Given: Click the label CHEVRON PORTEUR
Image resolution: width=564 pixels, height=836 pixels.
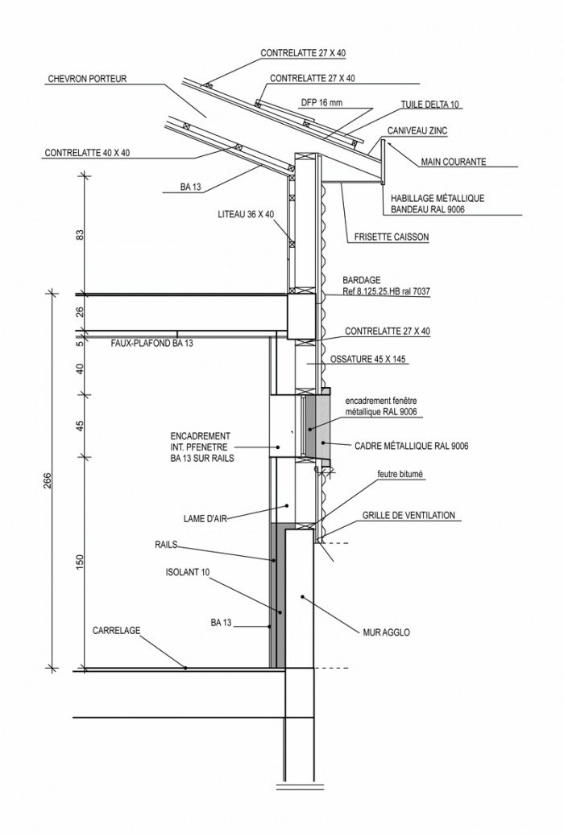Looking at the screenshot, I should tap(88, 80).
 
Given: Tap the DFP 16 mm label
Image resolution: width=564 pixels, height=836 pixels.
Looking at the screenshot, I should tap(321, 103).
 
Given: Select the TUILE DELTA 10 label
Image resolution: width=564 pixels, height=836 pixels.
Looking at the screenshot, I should tap(431, 105).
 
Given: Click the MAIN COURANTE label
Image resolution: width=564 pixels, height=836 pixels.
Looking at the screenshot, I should tap(454, 162).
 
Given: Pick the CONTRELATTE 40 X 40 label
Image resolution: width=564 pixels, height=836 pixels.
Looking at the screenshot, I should tap(87, 152).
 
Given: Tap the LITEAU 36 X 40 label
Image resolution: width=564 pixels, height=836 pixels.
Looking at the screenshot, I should tap(246, 215).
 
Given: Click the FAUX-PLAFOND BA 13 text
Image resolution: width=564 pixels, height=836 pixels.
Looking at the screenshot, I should tap(152, 343).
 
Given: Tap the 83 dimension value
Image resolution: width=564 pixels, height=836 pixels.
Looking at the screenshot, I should tap(80, 235).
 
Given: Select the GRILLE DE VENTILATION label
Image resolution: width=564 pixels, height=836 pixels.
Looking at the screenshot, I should tap(408, 515).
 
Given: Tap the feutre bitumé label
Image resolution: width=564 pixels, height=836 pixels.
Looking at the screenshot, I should tap(400, 475).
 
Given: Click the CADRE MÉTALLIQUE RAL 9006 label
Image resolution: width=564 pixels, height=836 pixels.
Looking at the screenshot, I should tap(412, 445).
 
